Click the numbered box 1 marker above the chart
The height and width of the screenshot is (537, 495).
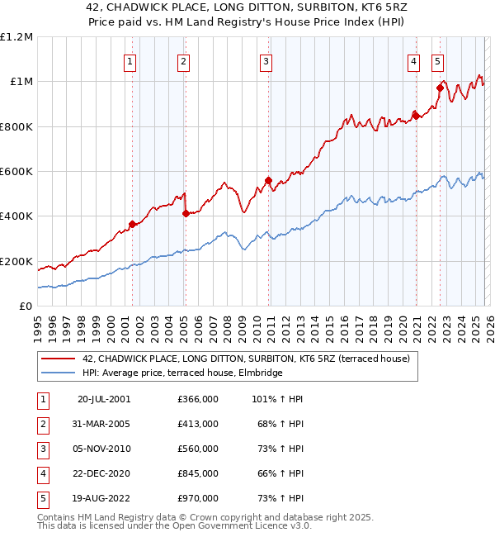[x=131, y=60]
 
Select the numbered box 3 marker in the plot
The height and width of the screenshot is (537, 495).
[x=266, y=60]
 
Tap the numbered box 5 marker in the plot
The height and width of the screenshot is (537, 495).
[x=436, y=60]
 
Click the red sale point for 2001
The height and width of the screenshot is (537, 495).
[x=132, y=224]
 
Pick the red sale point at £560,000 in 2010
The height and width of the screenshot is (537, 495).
[x=268, y=180]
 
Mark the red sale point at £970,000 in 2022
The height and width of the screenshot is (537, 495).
[x=440, y=88]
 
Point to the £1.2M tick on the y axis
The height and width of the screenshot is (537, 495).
[x=16, y=37]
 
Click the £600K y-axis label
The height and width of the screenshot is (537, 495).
[x=16, y=172]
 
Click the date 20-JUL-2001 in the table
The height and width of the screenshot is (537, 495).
[x=104, y=399]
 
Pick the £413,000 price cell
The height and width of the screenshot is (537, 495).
[x=197, y=424]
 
